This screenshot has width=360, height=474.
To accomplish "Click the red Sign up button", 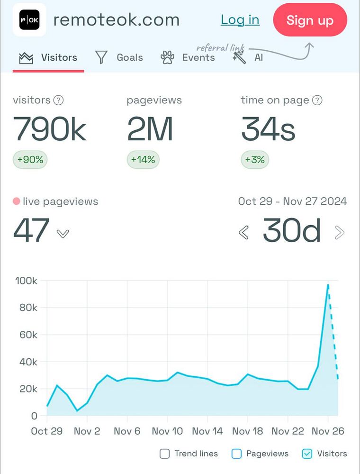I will [x=310, y=20].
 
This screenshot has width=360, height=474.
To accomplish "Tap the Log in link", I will [x=240, y=20].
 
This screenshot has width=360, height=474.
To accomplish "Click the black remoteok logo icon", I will [x=29, y=20].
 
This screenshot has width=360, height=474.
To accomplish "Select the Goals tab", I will [x=119, y=58].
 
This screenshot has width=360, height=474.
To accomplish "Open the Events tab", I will [x=188, y=58].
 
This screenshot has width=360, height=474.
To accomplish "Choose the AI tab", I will [x=248, y=58].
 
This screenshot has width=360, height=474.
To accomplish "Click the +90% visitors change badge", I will [x=30, y=160].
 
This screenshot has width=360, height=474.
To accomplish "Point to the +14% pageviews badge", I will [x=143, y=160].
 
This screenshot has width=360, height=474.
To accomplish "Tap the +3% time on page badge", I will [x=255, y=160].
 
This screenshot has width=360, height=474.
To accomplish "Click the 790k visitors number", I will [x=50, y=129].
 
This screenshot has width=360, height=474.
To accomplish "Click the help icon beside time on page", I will [x=317, y=100].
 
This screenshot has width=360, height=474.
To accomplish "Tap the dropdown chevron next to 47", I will [x=63, y=233].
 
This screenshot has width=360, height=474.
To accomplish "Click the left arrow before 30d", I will [x=244, y=232].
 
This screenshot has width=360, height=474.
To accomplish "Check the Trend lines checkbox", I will [x=164, y=454].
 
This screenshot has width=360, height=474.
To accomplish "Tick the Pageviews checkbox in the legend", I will [x=236, y=454].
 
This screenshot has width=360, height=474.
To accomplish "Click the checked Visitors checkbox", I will [x=307, y=454].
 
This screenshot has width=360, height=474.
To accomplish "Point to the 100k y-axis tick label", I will [x=27, y=281].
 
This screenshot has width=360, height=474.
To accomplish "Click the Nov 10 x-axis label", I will [x=167, y=431].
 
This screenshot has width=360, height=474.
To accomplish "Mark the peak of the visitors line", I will [x=328, y=285].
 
